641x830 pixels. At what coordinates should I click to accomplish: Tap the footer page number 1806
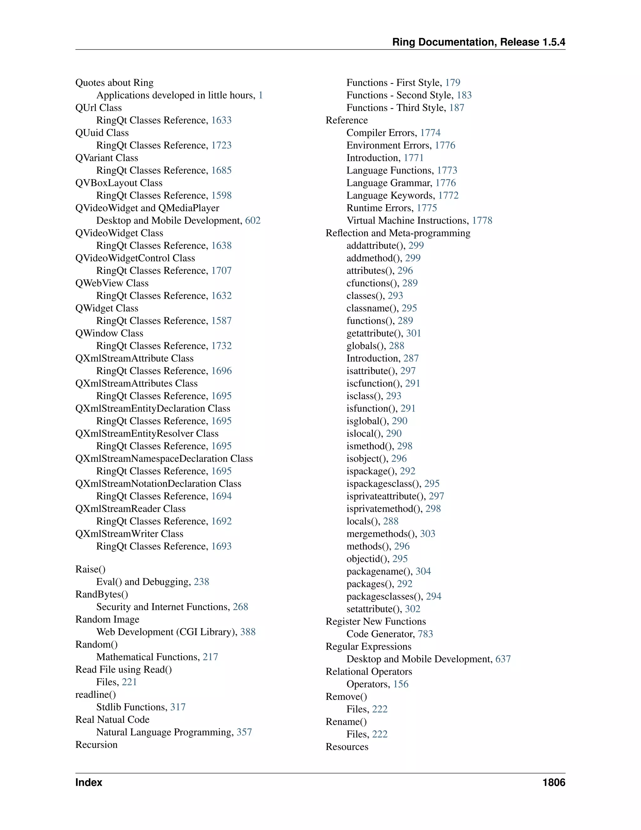click(554, 782)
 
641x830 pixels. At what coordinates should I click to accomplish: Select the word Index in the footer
click(89, 782)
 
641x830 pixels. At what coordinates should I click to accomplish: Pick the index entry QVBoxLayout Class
click(119, 183)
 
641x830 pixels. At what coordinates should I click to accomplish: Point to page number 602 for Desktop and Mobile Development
click(253, 220)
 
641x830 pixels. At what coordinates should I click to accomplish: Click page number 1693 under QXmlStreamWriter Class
click(221, 546)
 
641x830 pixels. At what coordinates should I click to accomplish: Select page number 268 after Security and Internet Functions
click(240, 607)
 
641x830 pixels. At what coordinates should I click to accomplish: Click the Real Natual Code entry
click(112, 719)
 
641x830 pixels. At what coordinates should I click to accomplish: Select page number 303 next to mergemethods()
click(428, 534)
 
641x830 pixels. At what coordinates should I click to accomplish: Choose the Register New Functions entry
click(376, 621)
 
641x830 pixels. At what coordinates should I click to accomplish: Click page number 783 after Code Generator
click(425, 634)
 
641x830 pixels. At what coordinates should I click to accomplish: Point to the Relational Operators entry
click(369, 672)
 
